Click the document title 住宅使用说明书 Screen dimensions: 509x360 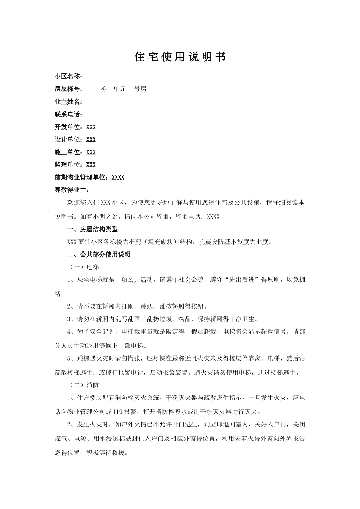point(180,57)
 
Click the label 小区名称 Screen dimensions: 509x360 point(67,76)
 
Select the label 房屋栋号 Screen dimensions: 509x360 point(67,89)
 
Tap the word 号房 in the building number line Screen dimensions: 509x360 point(140,89)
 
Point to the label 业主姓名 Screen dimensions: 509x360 point(67,101)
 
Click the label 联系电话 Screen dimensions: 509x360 point(67,114)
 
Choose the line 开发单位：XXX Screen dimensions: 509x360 point(75,127)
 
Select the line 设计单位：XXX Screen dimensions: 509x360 point(75,139)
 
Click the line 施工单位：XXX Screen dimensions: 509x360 point(75,152)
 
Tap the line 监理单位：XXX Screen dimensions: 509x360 point(75,165)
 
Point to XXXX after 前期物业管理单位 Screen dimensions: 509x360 point(118,177)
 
